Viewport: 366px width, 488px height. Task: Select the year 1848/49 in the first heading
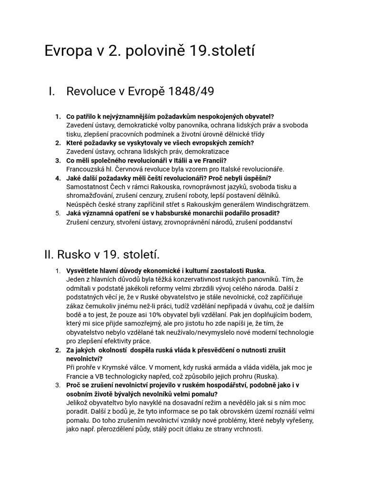[190, 91]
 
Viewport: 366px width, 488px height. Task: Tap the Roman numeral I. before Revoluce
[52, 91]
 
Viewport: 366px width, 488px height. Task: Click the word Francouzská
[86, 169]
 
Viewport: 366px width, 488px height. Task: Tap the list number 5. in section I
[58, 213]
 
